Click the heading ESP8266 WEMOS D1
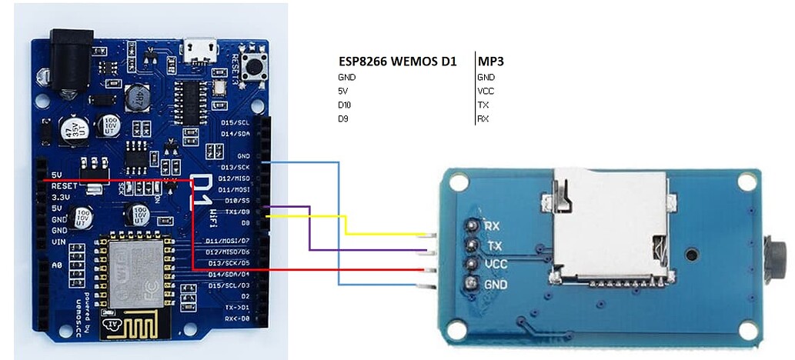(x=397, y=61)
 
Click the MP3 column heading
(x=496, y=61)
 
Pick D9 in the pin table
(x=343, y=118)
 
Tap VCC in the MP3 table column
(x=486, y=91)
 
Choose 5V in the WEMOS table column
(x=342, y=91)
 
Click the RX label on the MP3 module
(x=493, y=225)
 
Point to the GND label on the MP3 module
(x=495, y=284)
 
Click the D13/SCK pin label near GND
(x=234, y=167)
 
